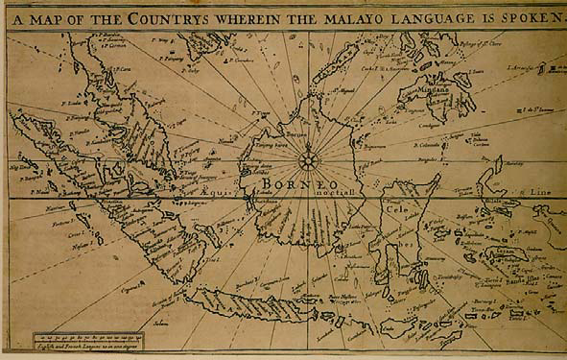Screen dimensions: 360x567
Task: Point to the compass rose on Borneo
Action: click(x=310, y=159)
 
